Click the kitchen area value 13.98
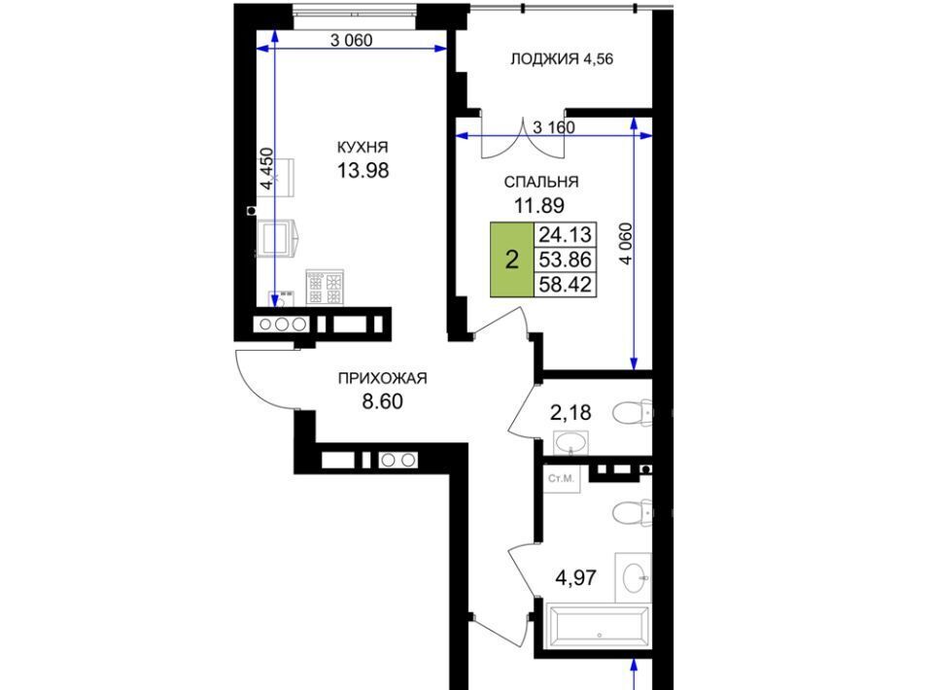point(363,171)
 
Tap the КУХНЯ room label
point(363,147)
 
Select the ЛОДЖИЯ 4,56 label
point(562,59)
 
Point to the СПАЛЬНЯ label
point(541,182)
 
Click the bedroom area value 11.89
point(539,206)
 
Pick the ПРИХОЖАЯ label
point(383,378)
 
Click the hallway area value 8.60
point(383,401)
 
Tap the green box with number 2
point(512,259)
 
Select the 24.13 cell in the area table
point(566,235)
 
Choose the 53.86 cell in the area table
point(566,259)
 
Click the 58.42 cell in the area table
point(566,285)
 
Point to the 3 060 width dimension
point(351,41)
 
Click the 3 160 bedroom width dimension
point(554,127)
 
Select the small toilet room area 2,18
point(570,412)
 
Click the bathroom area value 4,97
point(576,577)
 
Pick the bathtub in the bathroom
point(598,627)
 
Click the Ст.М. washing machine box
point(561,478)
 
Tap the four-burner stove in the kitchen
point(325,288)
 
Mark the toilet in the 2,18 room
point(633,413)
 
